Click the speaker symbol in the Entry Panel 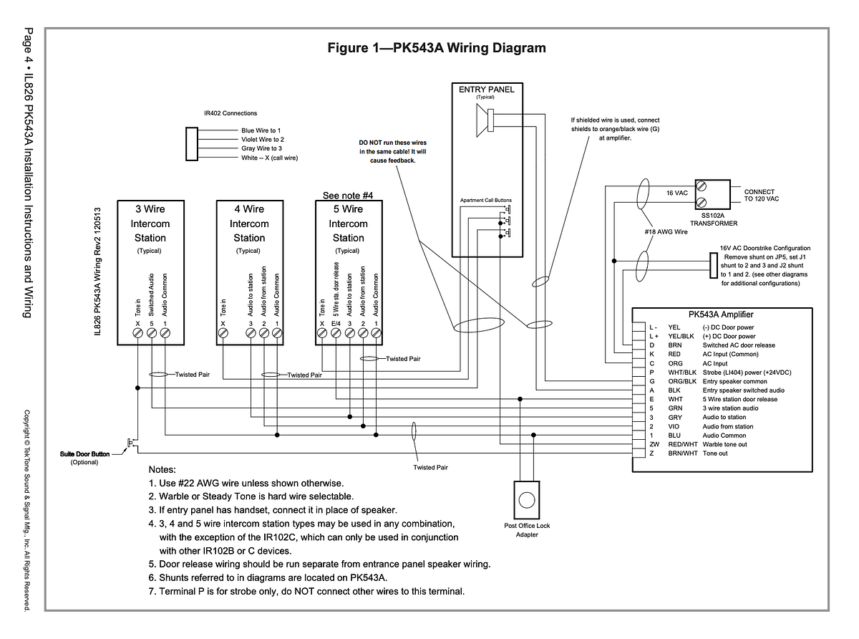tap(485, 120)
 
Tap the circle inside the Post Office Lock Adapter tap(526, 500)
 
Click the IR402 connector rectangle tap(191, 144)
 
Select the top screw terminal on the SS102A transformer tap(701, 186)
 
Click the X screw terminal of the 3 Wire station tap(137, 332)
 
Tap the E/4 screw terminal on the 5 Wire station tap(336, 332)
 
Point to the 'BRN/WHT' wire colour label tap(682, 453)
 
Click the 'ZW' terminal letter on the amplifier tap(654, 444)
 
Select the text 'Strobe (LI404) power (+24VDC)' tap(747, 373)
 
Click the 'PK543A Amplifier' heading tap(721, 314)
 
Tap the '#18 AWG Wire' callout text tap(666, 232)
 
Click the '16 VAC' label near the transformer tap(677, 193)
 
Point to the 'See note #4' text tap(348, 196)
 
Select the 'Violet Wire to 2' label tap(263, 139)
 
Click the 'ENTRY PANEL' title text tap(487, 90)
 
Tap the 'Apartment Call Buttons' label tap(485, 200)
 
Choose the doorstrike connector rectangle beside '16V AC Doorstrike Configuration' tap(714, 265)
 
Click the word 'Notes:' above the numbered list tap(162, 469)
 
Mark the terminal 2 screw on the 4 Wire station tap(263, 332)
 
